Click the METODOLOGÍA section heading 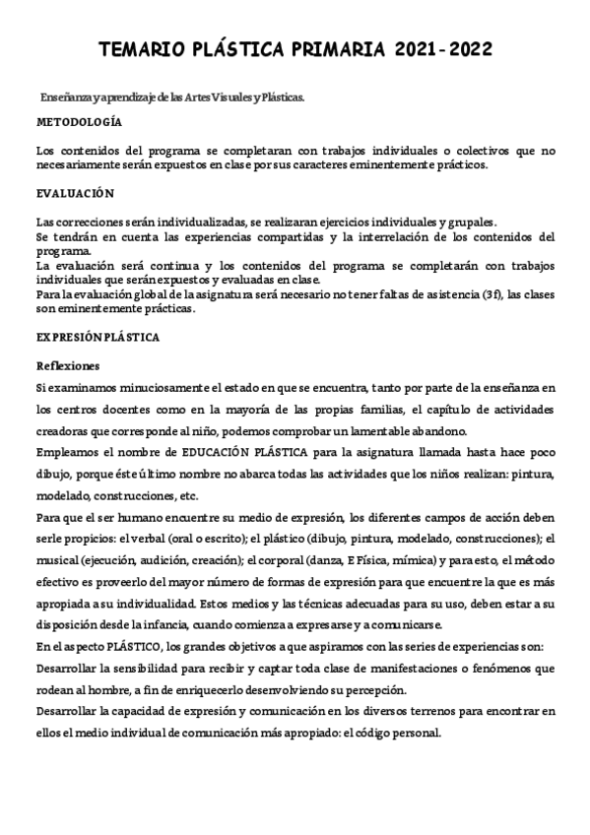79,122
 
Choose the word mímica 382,560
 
